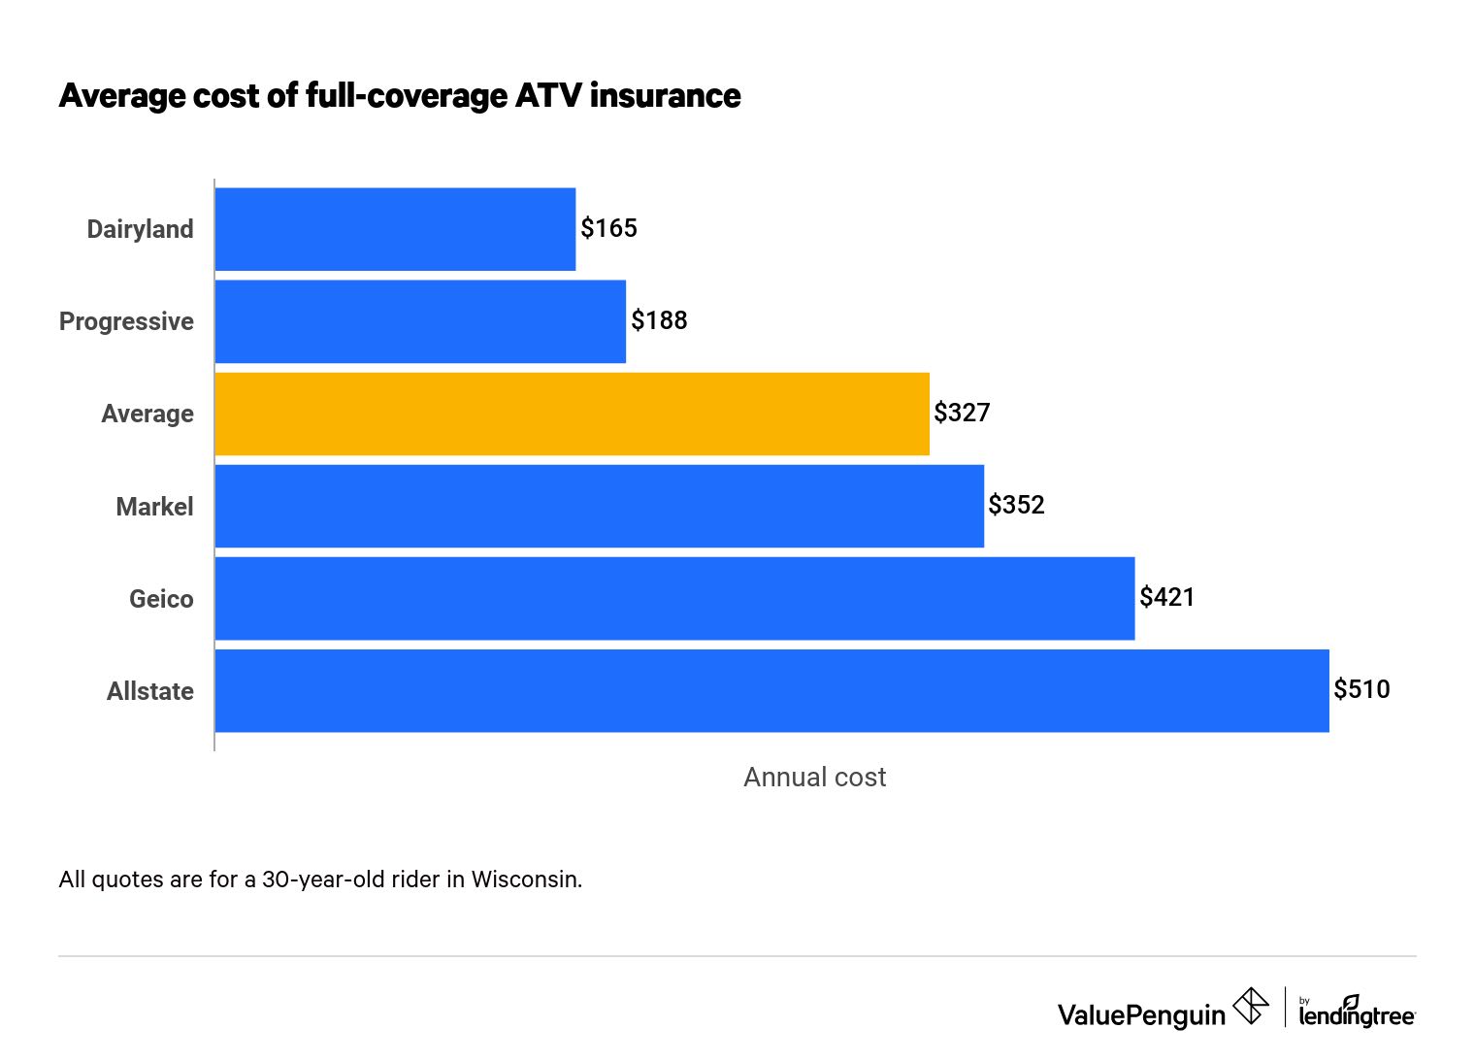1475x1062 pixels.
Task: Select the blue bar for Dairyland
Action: click(x=395, y=229)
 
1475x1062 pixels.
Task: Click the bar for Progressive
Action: click(x=420, y=321)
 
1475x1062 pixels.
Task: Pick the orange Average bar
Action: click(x=572, y=414)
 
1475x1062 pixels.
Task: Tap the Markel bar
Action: click(x=599, y=506)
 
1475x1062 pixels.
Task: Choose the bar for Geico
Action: click(x=674, y=598)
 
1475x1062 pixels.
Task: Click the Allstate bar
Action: click(x=771, y=690)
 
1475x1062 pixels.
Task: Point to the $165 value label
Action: click(x=608, y=228)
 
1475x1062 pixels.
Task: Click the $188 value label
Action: click(x=659, y=320)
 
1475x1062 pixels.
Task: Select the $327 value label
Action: click(x=962, y=413)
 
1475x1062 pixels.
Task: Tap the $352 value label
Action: click(x=1016, y=505)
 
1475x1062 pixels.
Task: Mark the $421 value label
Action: click(x=1166, y=597)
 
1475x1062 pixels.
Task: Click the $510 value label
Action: click(x=1361, y=689)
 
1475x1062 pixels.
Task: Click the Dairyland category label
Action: click(x=141, y=229)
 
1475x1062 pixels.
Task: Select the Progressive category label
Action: click(x=126, y=321)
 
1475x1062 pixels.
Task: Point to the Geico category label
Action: click(x=161, y=599)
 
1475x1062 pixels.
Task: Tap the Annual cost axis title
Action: click(x=814, y=777)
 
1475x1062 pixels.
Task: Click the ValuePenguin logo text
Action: click(x=1141, y=1015)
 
